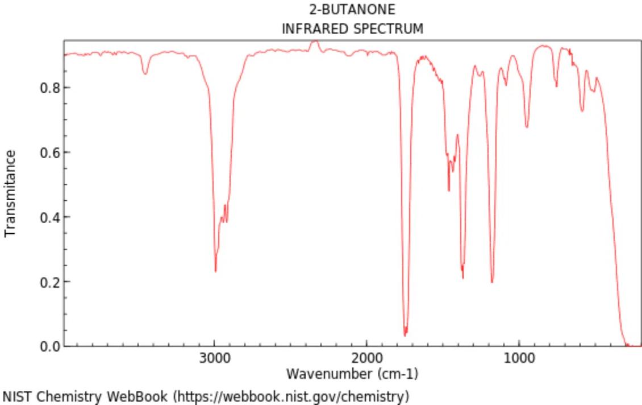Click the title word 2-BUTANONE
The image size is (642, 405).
coord(352,10)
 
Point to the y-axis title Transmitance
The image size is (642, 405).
coord(10,193)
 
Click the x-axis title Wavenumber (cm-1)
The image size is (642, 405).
coord(352,374)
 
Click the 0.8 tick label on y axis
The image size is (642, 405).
coord(48,88)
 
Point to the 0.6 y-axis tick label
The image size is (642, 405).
coord(48,152)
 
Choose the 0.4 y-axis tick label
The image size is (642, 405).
coord(48,217)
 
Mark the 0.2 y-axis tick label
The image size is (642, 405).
coord(48,282)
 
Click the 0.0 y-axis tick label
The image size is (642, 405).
coord(48,346)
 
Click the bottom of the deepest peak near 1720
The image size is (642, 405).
coord(405,335)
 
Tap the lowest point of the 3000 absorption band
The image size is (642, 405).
coord(215,271)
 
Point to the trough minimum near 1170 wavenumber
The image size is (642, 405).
coord(492,282)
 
